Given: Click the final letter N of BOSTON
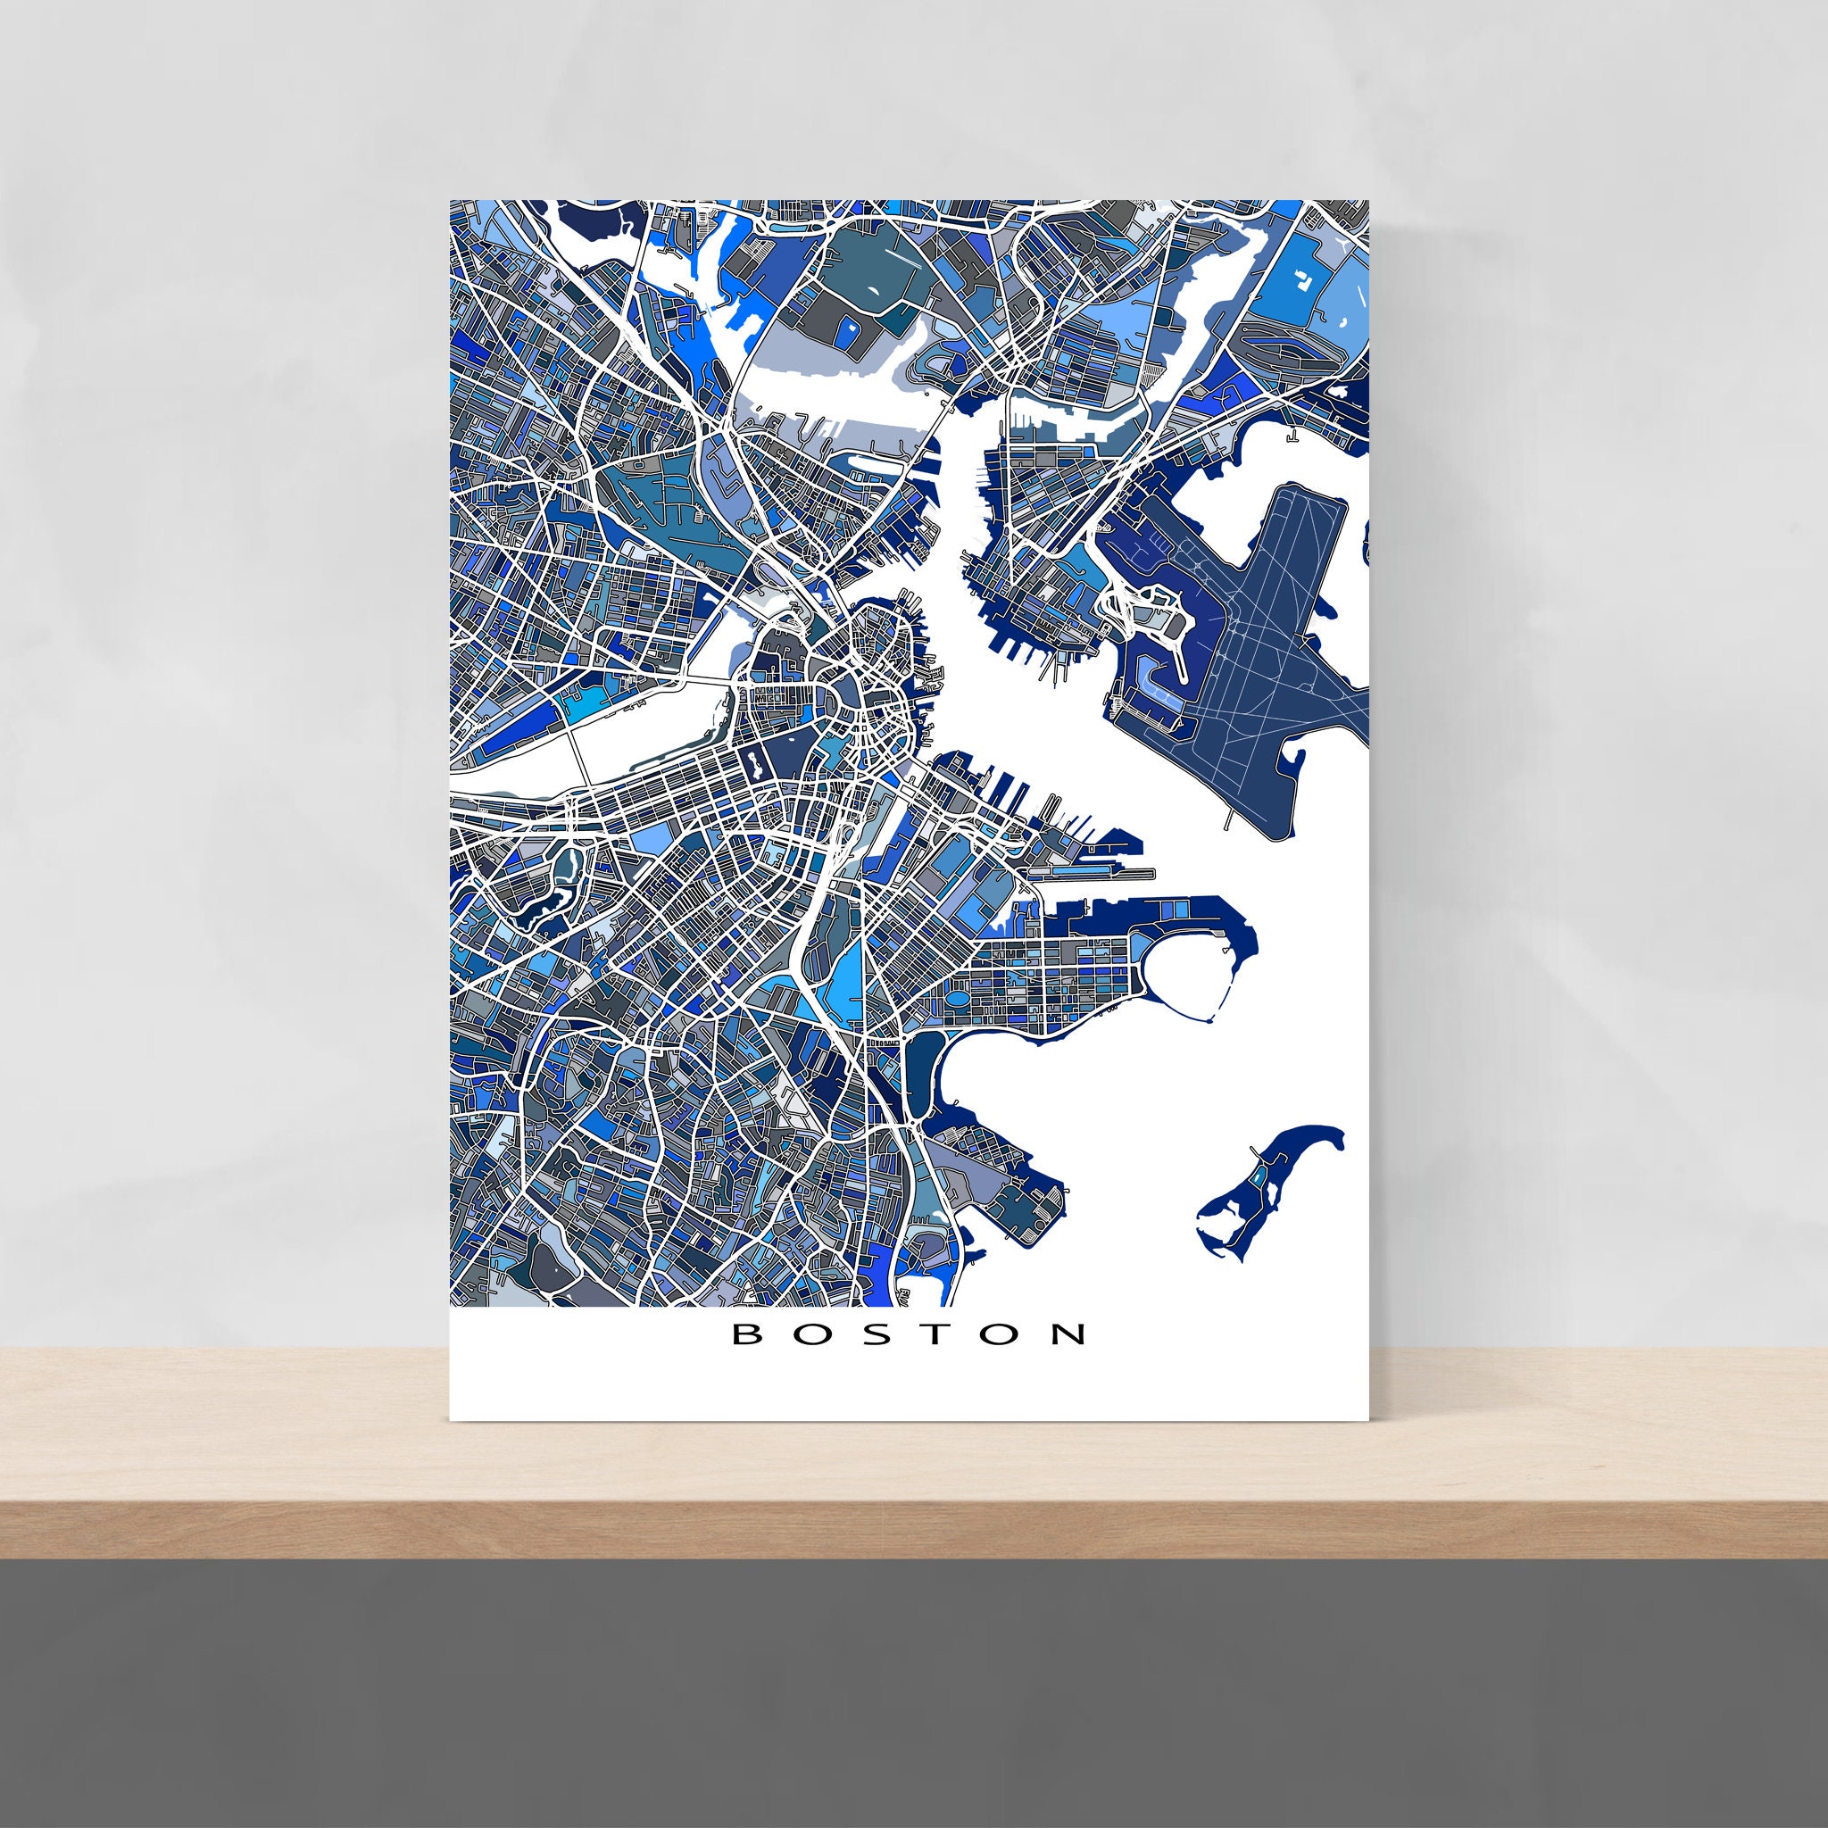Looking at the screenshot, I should click(x=1071, y=1335).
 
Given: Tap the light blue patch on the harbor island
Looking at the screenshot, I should click(x=1258, y=1179).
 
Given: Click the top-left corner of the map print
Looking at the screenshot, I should click(x=451, y=201).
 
